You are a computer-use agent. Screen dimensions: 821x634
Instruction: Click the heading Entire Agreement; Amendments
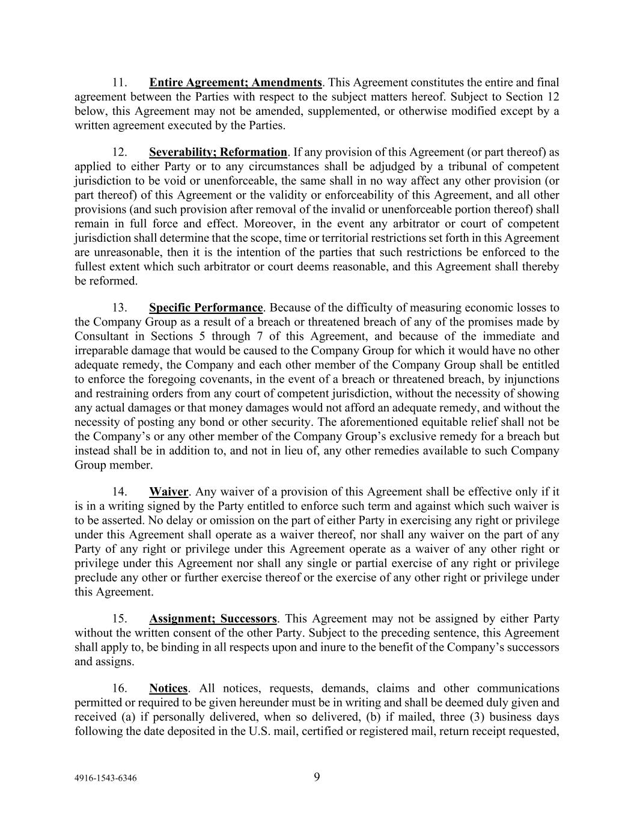pyautogui.click(x=235, y=82)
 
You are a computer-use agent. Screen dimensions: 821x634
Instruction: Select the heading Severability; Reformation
pyautogui.click(x=218, y=152)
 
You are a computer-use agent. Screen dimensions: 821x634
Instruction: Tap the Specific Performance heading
pyautogui.click(x=206, y=308)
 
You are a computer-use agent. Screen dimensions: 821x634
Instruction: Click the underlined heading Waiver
pyautogui.click(x=168, y=492)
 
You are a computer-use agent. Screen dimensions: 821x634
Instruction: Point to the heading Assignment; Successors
pyautogui.click(x=213, y=619)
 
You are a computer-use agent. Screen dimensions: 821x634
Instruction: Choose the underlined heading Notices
pyautogui.click(x=168, y=689)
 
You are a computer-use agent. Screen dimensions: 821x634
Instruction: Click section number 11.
pyautogui.click(x=119, y=82)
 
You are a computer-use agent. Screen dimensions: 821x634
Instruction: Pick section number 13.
pyautogui.click(x=119, y=308)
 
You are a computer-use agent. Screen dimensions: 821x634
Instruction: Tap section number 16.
pyautogui.click(x=119, y=689)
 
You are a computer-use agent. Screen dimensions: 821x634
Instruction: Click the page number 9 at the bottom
pyautogui.click(x=317, y=777)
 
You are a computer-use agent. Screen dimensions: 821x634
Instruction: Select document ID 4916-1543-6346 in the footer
pyautogui.click(x=105, y=778)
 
